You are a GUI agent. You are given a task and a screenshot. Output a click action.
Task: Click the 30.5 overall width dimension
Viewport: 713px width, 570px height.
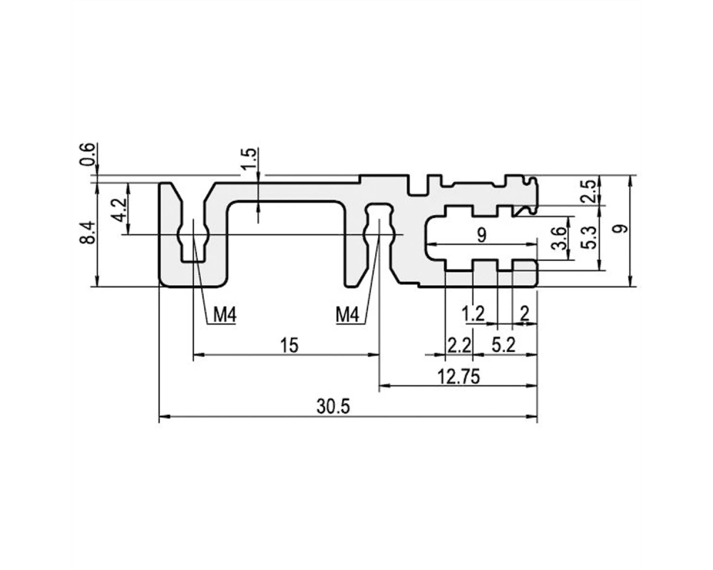pyautogui.click(x=333, y=407)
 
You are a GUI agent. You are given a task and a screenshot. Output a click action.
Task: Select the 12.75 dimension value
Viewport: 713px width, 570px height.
pyautogui.click(x=458, y=376)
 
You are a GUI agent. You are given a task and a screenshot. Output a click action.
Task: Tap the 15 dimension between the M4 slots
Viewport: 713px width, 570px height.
pyautogui.click(x=289, y=346)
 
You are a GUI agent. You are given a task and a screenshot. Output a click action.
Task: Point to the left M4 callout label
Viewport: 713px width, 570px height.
pyautogui.click(x=225, y=314)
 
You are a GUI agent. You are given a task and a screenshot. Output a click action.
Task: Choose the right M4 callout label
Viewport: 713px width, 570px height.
pyautogui.click(x=347, y=314)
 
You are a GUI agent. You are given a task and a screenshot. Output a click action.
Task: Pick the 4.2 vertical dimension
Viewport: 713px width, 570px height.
pyautogui.click(x=119, y=209)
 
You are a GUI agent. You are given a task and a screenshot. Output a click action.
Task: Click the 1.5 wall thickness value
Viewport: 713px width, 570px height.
pyautogui.click(x=249, y=159)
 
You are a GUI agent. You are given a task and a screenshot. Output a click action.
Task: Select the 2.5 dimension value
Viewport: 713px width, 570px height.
pyautogui.click(x=588, y=191)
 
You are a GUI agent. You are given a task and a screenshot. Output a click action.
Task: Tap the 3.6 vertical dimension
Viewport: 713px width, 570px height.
pyautogui.click(x=559, y=238)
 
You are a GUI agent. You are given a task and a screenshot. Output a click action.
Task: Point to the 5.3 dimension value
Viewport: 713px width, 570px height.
pyautogui.click(x=588, y=237)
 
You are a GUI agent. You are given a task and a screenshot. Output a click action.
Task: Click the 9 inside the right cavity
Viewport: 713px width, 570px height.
pyautogui.click(x=481, y=235)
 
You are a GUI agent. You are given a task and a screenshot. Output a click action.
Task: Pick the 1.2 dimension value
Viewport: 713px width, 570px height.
pyautogui.click(x=473, y=313)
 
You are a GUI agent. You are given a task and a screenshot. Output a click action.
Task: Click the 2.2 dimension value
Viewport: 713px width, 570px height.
pyautogui.click(x=459, y=346)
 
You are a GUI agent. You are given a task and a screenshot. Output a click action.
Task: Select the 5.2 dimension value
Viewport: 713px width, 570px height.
pyautogui.click(x=503, y=346)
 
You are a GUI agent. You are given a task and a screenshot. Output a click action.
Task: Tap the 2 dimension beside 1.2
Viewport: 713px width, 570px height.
pyautogui.click(x=525, y=313)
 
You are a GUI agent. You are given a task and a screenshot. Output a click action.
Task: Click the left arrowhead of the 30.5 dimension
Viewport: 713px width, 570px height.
pyautogui.click(x=164, y=416)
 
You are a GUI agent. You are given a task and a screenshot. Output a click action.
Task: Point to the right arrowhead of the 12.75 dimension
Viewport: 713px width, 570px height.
pyautogui.click(x=532, y=385)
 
